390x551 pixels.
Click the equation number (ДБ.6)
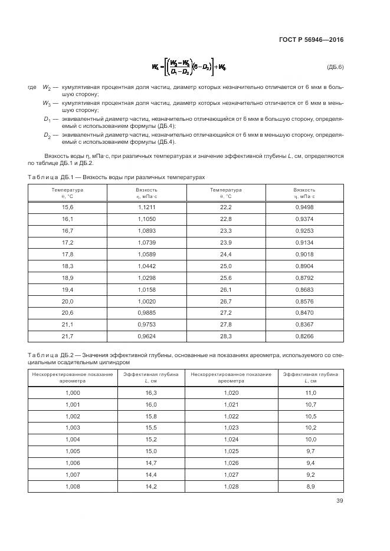[x=335, y=67]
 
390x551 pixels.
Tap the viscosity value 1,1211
[x=146, y=207]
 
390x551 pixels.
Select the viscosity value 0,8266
[x=304, y=336]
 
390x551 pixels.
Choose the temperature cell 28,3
[x=225, y=336]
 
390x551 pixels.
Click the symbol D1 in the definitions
[x=47, y=120]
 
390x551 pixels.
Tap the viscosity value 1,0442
[x=146, y=266]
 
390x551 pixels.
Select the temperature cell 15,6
[x=67, y=207]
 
